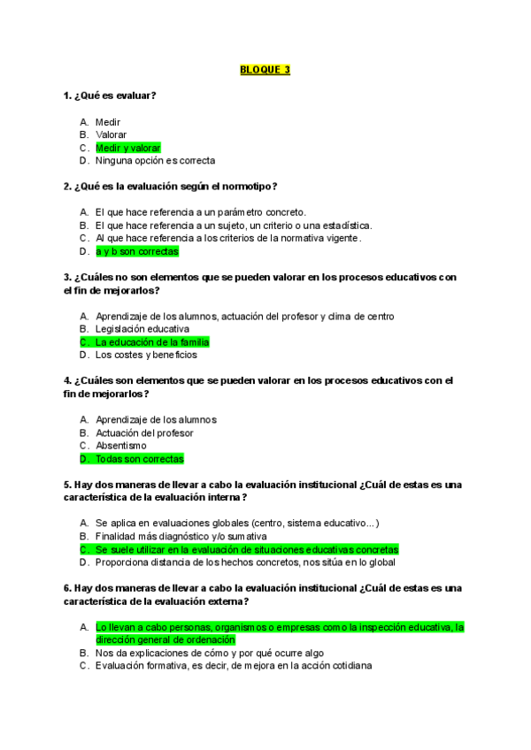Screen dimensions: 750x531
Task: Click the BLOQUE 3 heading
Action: [x=265, y=70]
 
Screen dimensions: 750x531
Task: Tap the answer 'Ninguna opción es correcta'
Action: [x=155, y=161]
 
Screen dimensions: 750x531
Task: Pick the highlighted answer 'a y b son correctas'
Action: [x=136, y=251]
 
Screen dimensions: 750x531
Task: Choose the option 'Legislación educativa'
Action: [x=142, y=329]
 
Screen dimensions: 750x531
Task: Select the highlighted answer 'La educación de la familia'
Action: [x=151, y=342]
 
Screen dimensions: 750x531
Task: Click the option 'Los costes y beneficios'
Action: [x=146, y=356]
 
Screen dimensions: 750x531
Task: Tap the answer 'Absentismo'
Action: [x=121, y=446]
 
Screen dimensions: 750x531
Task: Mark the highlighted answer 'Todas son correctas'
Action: [x=139, y=459]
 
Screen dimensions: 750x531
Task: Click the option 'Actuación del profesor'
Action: [x=143, y=432]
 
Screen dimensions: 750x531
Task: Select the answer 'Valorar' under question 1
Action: [x=112, y=134]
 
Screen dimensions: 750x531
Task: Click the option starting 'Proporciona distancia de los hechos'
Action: [x=245, y=562]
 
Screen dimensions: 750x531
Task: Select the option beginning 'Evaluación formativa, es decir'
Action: [x=234, y=666]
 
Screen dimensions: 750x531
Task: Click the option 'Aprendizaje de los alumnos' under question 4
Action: [x=156, y=419]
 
